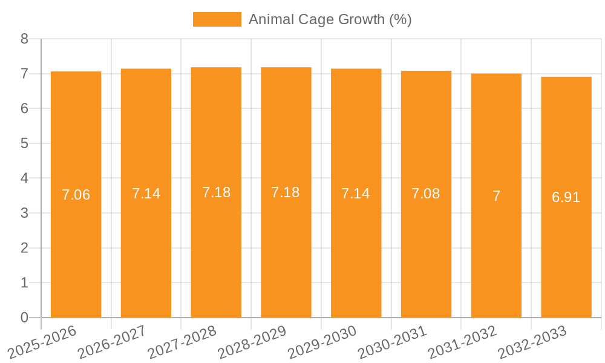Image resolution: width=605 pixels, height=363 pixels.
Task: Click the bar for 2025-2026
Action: pyautogui.click(x=76, y=242)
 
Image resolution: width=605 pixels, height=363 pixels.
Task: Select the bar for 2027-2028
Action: pyautogui.click(x=216, y=242)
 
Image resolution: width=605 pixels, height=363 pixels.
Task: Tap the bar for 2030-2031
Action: pyautogui.click(x=426, y=242)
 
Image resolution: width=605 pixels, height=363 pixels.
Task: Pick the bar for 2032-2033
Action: pyautogui.click(x=566, y=242)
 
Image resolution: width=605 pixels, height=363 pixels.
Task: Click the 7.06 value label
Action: pyautogui.click(x=76, y=195)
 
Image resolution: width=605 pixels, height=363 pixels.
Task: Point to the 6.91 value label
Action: pyautogui.click(x=566, y=197)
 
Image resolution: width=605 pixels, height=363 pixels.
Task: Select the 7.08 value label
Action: pyautogui.click(x=426, y=194)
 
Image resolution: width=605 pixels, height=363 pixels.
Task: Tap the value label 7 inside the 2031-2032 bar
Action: pyautogui.click(x=496, y=196)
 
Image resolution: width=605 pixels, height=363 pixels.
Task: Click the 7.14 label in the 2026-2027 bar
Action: pyautogui.click(x=146, y=194)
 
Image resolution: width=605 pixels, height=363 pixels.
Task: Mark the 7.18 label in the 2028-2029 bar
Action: pyautogui.click(x=286, y=192)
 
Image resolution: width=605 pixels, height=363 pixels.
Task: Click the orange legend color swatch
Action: pyautogui.click(x=217, y=19)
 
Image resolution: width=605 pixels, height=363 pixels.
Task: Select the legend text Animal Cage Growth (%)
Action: pyautogui.click(x=330, y=19)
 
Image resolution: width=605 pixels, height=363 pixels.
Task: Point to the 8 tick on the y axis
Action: pyautogui.click(x=24, y=39)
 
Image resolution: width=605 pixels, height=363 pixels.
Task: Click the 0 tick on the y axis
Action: pyautogui.click(x=24, y=318)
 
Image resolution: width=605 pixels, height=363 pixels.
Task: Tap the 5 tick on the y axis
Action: pyautogui.click(x=24, y=143)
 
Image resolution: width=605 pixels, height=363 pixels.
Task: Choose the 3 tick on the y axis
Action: pyautogui.click(x=24, y=213)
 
